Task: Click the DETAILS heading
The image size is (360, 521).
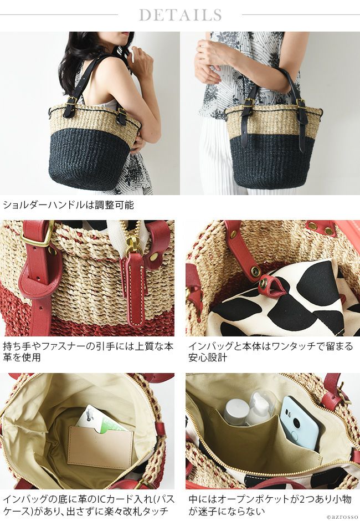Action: [x=180, y=15]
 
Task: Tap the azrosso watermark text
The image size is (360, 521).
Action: [x=343, y=517]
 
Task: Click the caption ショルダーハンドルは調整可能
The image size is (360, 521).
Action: [x=68, y=205]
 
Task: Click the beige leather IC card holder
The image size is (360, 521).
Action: [x=100, y=447]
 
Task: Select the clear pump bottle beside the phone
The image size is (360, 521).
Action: [x=263, y=407]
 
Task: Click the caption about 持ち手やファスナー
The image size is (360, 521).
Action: [x=88, y=352]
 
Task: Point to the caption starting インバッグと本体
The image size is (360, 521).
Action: [x=271, y=352]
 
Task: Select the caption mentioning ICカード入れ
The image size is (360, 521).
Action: [x=89, y=505]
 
